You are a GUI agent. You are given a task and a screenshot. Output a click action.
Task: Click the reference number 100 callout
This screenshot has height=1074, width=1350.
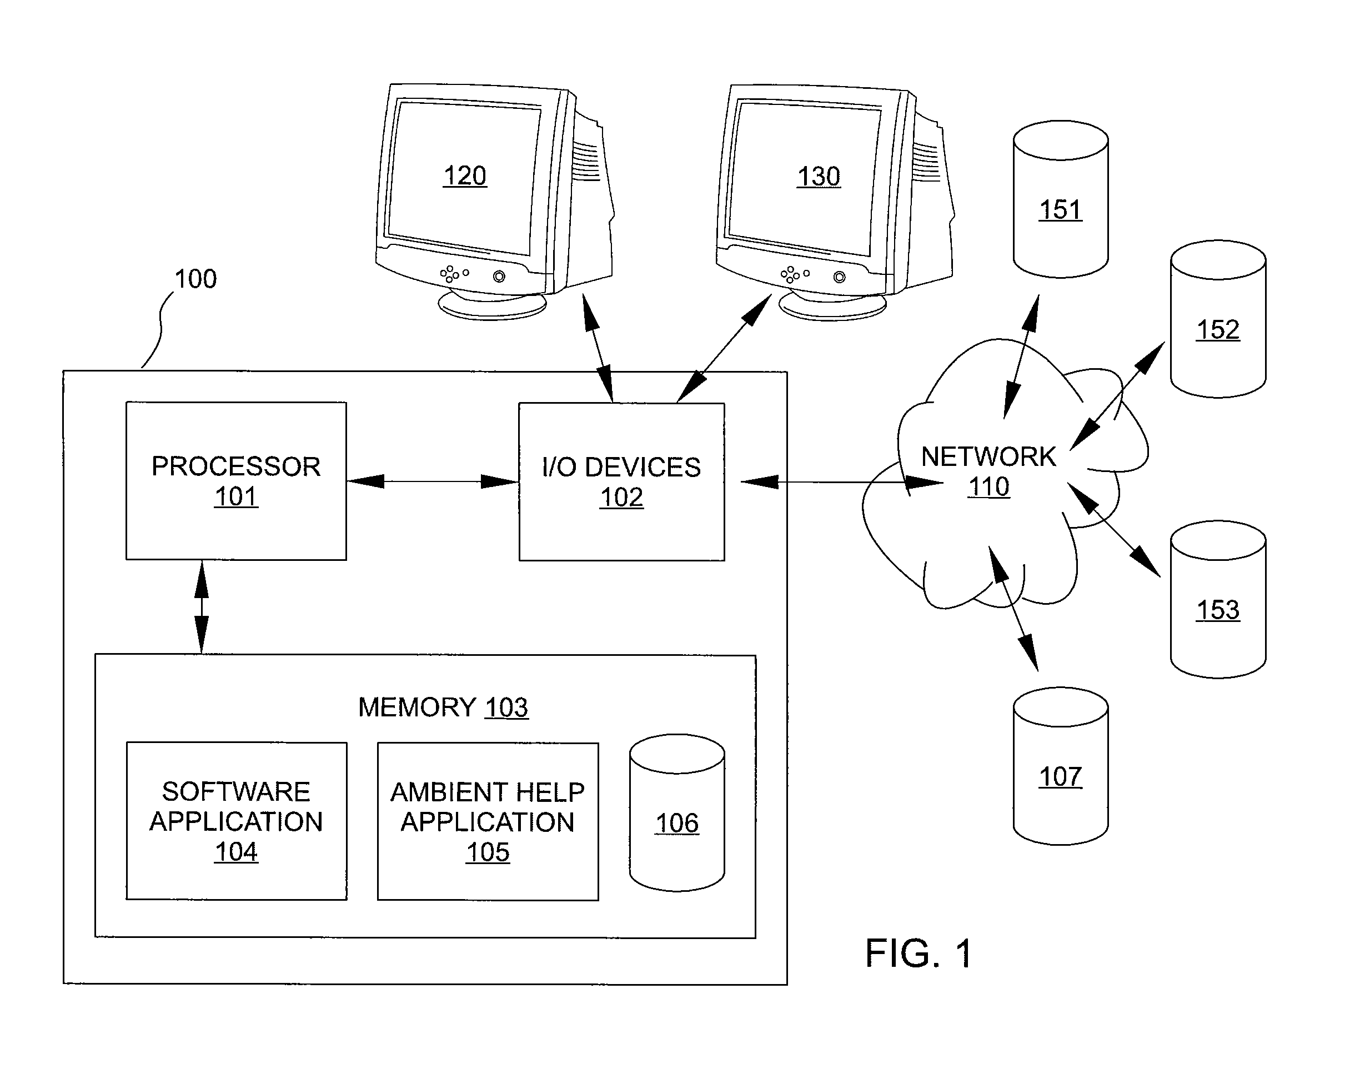pos(195,279)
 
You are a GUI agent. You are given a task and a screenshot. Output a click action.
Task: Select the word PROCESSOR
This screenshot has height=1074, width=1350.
pos(236,466)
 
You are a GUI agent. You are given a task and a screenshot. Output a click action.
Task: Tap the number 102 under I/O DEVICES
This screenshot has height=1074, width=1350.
pos(622,497)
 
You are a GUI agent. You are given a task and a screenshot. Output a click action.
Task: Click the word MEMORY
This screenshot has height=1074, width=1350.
pos(417,707)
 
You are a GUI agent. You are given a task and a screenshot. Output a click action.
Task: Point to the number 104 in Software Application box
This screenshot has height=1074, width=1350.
pos(236,852)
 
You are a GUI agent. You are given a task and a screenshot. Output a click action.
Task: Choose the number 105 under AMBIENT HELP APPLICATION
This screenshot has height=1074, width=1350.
pos(488,852)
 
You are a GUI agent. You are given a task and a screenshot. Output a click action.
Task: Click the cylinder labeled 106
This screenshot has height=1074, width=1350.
pos(677,813)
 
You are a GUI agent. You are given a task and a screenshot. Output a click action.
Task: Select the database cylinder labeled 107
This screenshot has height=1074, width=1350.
pos(1061,766)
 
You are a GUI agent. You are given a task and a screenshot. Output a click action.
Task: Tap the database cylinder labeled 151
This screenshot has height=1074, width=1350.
pos(1061,199)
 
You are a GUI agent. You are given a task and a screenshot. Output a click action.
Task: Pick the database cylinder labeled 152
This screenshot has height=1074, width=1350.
pos(1218,319)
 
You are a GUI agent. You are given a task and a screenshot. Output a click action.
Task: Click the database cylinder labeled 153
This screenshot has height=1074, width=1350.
pos(1218,599)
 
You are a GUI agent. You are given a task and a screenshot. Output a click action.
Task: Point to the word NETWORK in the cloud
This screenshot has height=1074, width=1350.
pos(988,456)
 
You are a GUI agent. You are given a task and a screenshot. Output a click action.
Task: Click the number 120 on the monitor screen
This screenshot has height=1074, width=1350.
pos(465,176)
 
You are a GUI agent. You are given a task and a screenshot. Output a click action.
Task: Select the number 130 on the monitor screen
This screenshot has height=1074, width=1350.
pos(819,177)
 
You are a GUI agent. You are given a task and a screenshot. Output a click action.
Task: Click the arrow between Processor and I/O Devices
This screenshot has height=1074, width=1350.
pos(433,481)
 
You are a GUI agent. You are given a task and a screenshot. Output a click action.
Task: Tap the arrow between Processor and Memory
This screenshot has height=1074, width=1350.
pos(202,608)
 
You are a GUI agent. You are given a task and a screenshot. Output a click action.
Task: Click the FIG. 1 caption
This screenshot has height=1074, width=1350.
pos(919,953)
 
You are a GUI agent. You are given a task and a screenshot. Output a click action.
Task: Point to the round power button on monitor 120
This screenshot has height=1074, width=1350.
pos(499,276)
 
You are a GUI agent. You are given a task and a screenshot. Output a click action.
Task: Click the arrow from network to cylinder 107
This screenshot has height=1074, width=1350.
pos(1013,609)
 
